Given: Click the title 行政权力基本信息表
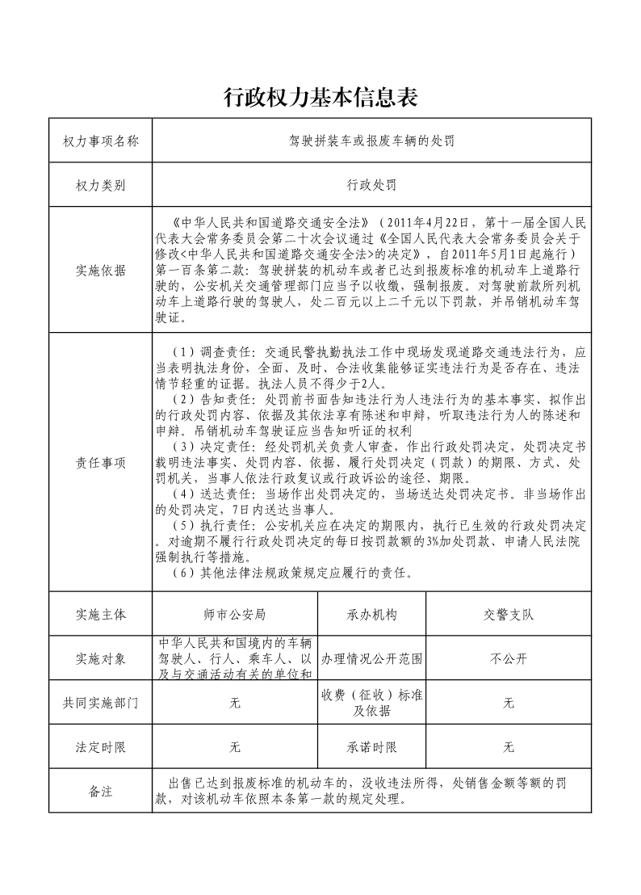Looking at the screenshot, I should click(x=320, y=98).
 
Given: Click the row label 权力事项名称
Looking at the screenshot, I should click(x=101, y=141).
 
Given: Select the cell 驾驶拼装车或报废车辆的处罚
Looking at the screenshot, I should click(x=372, y=141).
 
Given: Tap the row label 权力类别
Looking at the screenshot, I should click(x=101, y=186).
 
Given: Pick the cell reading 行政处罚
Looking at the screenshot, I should click(x=372, y=186).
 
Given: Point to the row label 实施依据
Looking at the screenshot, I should click(x=101, y=271).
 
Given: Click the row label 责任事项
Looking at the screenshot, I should click(x=101, y=463).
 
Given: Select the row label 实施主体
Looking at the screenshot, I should click(x=101, y=614).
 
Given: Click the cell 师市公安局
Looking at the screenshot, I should click(x=235, y=614).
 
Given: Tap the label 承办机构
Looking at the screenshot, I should click(x=372, y=614).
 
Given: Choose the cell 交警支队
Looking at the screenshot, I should click(x=509, y=614).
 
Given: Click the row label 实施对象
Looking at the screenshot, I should click(x=101, y=658).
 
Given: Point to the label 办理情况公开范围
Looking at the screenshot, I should click(x=372, y=658).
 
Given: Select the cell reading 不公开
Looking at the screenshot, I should click(x=509, y=658).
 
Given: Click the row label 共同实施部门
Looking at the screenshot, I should click(x=101, y=703).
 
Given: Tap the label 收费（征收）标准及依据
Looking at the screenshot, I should click(x=372, y=703).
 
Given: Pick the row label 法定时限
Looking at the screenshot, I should click(x=101, y=747).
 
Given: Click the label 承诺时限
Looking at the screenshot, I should click(x=372, y=747).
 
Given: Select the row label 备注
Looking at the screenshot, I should click(x=101, y=792).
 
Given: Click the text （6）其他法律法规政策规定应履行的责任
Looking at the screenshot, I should click(x=295, y=574).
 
